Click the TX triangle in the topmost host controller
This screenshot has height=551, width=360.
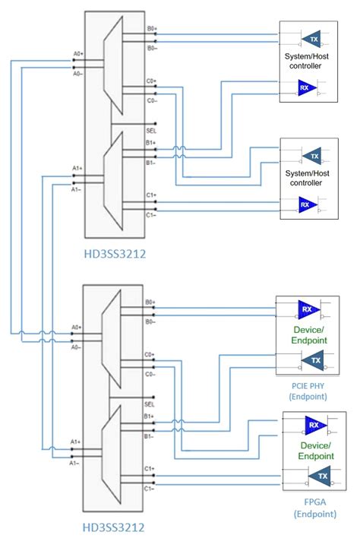(312, 39)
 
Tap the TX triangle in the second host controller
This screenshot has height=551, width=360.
(312, 156)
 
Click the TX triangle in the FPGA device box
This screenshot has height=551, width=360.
(318, 477)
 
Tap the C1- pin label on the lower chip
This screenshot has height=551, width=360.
(151, 489)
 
